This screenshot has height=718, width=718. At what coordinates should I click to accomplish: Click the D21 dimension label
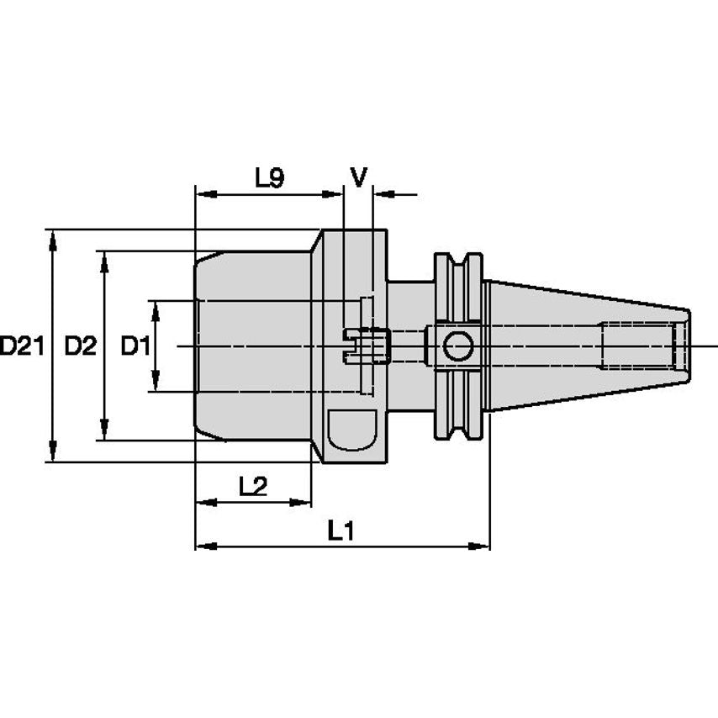21,346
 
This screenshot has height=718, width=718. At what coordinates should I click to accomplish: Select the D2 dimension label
81,346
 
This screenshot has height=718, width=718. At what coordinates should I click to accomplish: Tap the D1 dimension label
135,346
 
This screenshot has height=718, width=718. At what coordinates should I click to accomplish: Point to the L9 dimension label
269,177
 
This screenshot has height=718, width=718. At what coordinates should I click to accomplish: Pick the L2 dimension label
252,486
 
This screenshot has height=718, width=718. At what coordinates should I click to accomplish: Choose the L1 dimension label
341,531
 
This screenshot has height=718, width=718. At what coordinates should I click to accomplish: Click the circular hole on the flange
458,346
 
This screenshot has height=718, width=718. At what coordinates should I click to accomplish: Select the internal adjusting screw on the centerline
368,346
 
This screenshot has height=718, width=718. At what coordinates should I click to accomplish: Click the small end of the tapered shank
684,346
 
